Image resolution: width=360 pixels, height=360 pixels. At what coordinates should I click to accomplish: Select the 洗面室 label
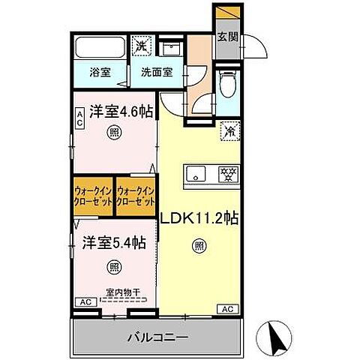coord(157,73)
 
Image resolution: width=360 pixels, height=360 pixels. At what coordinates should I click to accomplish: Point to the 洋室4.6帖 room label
coord(121,112)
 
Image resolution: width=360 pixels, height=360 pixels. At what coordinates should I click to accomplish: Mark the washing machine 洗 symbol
coord(140,46)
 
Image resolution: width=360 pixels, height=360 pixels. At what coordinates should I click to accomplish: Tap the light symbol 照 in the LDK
coord(199,245)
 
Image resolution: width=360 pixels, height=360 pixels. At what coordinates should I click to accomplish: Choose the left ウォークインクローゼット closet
coord(94,197)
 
